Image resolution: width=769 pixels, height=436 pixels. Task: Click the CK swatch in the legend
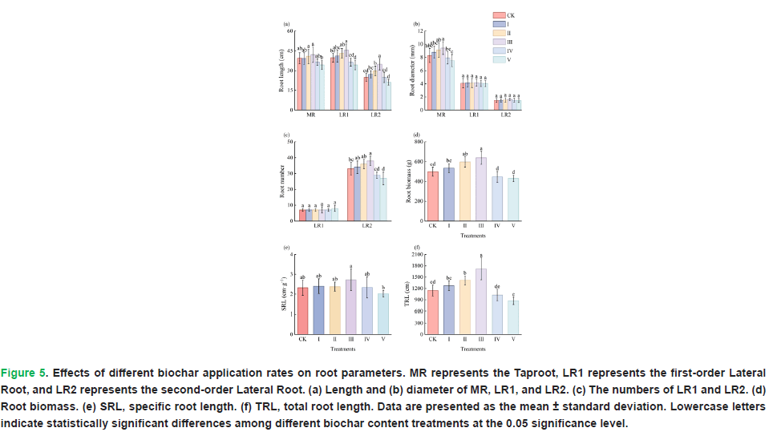coord(498,15)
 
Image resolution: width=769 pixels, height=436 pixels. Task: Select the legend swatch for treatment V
coord(498,59)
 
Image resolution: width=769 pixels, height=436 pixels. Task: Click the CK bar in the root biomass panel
coord(432,195)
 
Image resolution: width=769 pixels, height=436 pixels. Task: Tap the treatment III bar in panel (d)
coord(480,188)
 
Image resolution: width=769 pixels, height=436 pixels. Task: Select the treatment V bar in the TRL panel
coord(512,317)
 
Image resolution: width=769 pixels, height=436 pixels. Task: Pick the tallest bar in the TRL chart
coord(480,301)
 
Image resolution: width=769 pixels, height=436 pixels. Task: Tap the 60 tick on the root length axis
coord(290,32)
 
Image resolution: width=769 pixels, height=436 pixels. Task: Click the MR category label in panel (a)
coord(310,115)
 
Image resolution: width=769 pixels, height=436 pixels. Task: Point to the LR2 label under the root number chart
coord(366,226)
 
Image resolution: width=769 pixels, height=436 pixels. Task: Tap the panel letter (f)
coord(416,247)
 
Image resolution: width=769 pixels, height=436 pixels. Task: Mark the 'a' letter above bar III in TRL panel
coord(480,255)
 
